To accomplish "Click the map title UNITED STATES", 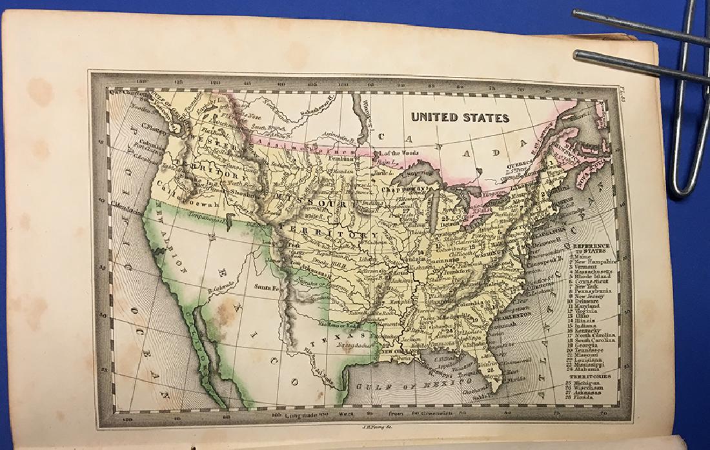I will [x=460, y=118].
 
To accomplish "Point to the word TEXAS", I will [x=340, y=336].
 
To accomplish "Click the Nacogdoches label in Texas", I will [x=356, y=346].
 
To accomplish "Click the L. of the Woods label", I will [x=400, y=152].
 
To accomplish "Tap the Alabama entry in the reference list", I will [x=589, y=370].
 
